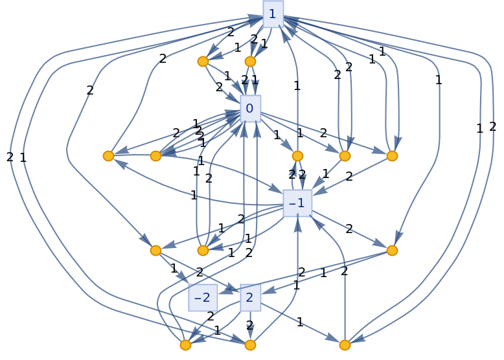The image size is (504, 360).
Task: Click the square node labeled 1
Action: tap(273, 14)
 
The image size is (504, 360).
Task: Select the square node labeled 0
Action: tap(250, 109)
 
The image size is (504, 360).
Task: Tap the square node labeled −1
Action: tap(297, 203)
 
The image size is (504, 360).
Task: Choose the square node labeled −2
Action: tap(203, 298)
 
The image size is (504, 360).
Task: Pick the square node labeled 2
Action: tap(250, 298)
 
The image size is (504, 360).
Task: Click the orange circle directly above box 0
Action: tap(250, 62)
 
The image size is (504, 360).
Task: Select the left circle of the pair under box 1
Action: tap(203, 62)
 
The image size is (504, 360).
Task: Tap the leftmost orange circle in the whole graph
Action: tap(108, 156)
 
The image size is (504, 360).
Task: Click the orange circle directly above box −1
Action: tap(297, 156)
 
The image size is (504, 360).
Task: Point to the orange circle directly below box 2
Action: tap(250, 345)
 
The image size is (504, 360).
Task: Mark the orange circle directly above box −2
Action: tap(203, 251)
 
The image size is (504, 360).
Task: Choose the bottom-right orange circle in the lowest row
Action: tap(345, 345)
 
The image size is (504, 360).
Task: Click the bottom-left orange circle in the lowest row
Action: tap(185, 345)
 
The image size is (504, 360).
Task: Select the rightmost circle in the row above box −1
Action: tap(392, 156)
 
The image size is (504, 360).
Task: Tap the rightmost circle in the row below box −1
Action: tap(392, 251)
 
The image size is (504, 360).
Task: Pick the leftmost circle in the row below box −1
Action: tap(155, 251)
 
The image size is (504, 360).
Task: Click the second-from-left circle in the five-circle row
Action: tap(155, 156)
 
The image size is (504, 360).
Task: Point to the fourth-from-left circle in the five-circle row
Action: tap(345, 156)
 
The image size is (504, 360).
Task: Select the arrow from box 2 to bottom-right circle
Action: tap(298, 322)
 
